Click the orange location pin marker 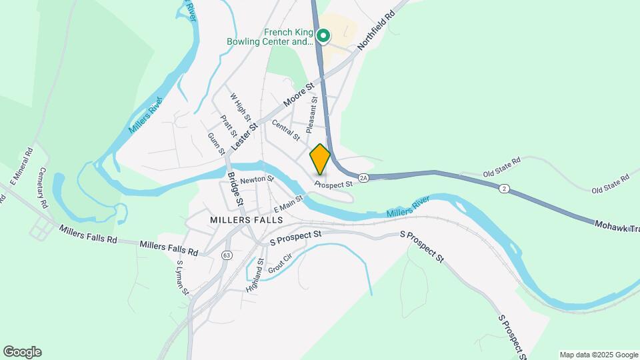(x=321, y=159)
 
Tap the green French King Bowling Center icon (x=323, y=36)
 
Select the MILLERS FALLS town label (x=246, y=219)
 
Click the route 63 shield (x=227, y=255)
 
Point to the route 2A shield (x=363, y=178)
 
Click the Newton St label (x=257, y=179)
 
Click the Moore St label (x=298, y=97)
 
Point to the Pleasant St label (x=311, y=115)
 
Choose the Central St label (x=286, y=129)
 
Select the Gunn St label (x=217, y=143)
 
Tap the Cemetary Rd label (x=45, y=188)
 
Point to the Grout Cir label (x=280, y=264)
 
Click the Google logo (x=22, y=352)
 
